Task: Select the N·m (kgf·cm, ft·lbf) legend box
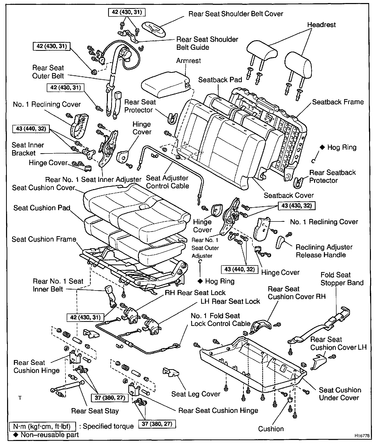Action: (42, 427)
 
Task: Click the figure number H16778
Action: (362, 436)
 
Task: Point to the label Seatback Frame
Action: (338, 102)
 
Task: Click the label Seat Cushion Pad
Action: (42, 208)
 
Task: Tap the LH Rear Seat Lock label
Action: (230, 301)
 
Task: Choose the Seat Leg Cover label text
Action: (196, 394)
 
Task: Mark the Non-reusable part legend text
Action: (50, 435)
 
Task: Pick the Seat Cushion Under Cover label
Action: (340, 394)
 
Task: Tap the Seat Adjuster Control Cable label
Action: (168, 182)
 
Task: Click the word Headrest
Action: (321, 25)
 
